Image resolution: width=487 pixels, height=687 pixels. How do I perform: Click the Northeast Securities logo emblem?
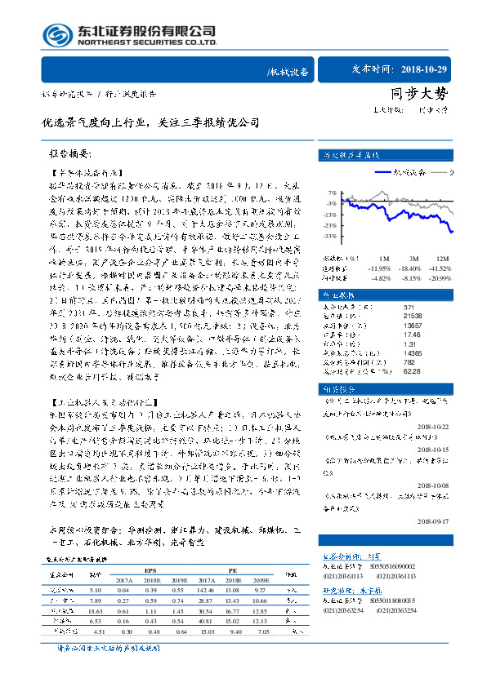point(55,35)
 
